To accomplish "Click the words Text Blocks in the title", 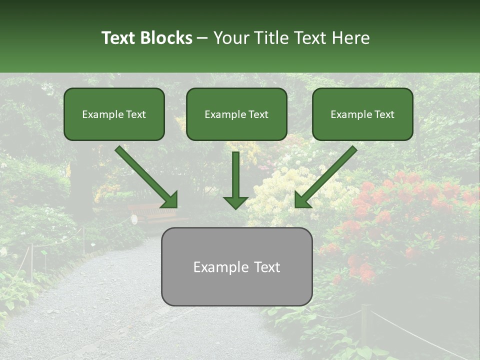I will click(146, 38).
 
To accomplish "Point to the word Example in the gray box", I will click(218, 267).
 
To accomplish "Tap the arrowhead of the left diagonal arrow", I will click(170, 200).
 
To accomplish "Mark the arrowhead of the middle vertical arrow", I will click(235, 202).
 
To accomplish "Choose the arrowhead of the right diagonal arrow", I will click(302, 200).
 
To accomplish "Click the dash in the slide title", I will click(202, 38).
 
